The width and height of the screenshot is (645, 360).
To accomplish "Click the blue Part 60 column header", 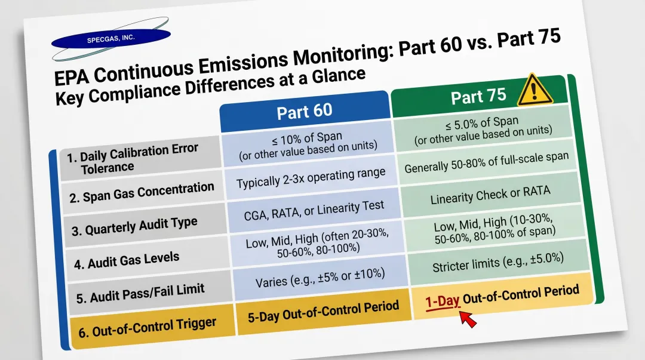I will (x=305, y=112).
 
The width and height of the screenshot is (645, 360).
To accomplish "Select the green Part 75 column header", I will (x=478, y=96).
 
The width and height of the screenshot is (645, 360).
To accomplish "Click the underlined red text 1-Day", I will (x=443, y=300).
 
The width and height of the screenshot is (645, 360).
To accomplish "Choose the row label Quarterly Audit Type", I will (x=134, y=226).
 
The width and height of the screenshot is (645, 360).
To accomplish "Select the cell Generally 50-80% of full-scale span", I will (x=486, y=162).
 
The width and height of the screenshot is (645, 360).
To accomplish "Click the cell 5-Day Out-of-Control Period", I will (x=322, y=311).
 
